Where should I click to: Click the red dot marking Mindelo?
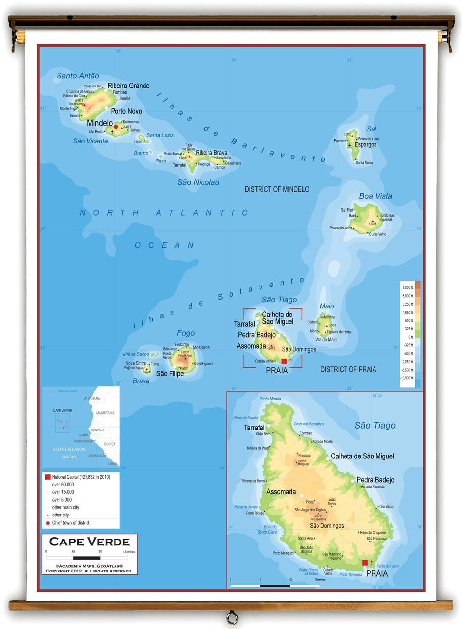coord(116,127)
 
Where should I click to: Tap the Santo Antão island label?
coord(78,76)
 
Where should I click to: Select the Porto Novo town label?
coord(126,111)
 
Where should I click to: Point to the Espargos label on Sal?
coord(366,145)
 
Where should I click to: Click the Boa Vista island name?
coord(375,196)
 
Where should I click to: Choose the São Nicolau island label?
coord(199,182)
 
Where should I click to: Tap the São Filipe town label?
coord(170,374)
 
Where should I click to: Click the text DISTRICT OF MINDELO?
coord(277,189)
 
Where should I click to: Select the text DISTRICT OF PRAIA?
coord(348,369)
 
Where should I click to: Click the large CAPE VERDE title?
coord(89,542)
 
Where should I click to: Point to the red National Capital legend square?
coord(48,477)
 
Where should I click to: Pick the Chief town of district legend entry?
coord(71,523)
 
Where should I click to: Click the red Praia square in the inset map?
coord(365,563)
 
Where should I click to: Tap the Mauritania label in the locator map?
coord(105,413)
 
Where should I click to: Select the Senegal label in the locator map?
coord(98,430)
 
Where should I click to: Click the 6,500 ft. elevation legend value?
coord(408,287)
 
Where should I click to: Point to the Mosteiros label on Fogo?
coord(201,348)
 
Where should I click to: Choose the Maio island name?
coord(327,306)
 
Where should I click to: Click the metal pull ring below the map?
coord(231,617)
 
